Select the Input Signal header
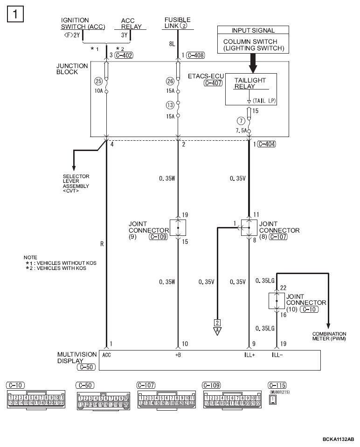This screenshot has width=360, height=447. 253,30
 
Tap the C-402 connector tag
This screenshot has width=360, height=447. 124,55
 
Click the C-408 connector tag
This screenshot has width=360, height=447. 196,55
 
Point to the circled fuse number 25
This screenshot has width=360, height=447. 98,81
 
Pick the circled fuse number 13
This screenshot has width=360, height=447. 170,105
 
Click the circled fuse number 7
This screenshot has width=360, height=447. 241,121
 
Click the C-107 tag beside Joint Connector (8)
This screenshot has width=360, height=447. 278,237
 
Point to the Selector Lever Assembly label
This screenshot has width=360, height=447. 76,184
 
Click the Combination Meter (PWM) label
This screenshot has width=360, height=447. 329,336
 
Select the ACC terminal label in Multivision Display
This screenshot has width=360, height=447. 106,355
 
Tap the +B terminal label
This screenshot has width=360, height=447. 178,355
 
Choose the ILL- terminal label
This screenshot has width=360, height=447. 277,355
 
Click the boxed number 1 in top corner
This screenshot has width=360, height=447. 15,14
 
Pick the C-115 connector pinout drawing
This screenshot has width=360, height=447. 273,399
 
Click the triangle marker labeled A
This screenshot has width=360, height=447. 217,331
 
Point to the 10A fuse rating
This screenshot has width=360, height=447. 98,91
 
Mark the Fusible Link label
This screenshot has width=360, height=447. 177,23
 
